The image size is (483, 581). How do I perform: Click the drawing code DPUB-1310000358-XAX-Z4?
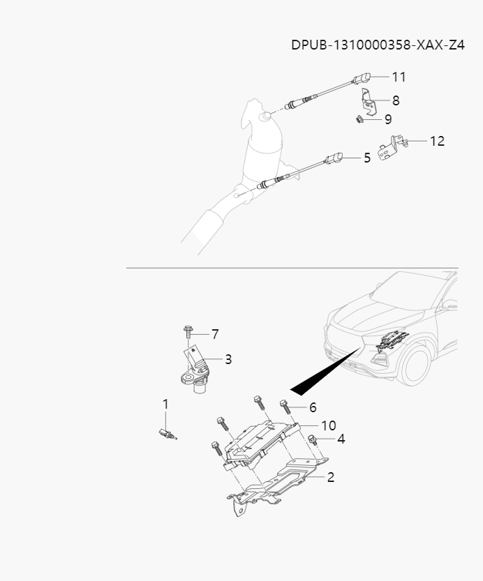[x=378, y=45]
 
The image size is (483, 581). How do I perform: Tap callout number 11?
[x=399, y=77]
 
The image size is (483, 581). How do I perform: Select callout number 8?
[x=396, y=100]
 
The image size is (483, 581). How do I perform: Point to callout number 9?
[x=387, y=120]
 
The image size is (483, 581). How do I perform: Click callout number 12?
[x=436, y=141]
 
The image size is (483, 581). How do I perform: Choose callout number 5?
[x=367, y=158]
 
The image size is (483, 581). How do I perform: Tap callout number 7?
[x=215, y=334]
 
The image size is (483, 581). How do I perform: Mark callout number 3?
[x=228, y=360]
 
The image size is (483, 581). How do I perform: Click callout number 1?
[x=165, y=404]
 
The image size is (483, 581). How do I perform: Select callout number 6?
[x=313, y=407]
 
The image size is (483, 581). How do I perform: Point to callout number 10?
[x=328, y=425]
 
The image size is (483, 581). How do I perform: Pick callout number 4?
[x=341, y=439]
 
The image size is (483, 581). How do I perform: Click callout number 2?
[x=330, y=478]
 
